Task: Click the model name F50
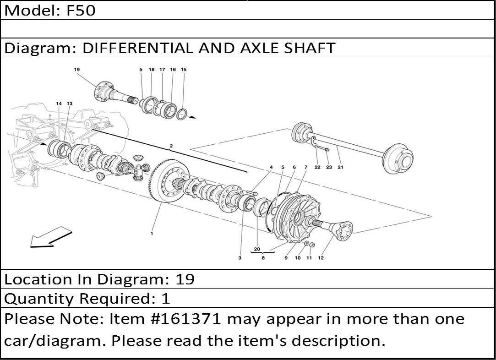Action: [81, 11]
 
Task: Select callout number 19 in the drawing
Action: [77, 70]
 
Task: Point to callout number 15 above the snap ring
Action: [184, 70]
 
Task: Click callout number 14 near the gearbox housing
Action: [59, 104]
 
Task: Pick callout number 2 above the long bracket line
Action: [171, 146]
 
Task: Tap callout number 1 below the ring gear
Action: [152, 234]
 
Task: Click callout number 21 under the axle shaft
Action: [340, 167]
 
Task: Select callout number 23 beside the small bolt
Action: [329, 167]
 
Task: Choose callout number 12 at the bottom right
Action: [321, 258]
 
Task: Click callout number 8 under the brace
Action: [263, 258]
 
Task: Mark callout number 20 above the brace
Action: [257, 249]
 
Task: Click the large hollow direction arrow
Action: [51, 237]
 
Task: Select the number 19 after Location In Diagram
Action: [185, 279]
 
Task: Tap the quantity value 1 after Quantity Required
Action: [166, 298]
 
